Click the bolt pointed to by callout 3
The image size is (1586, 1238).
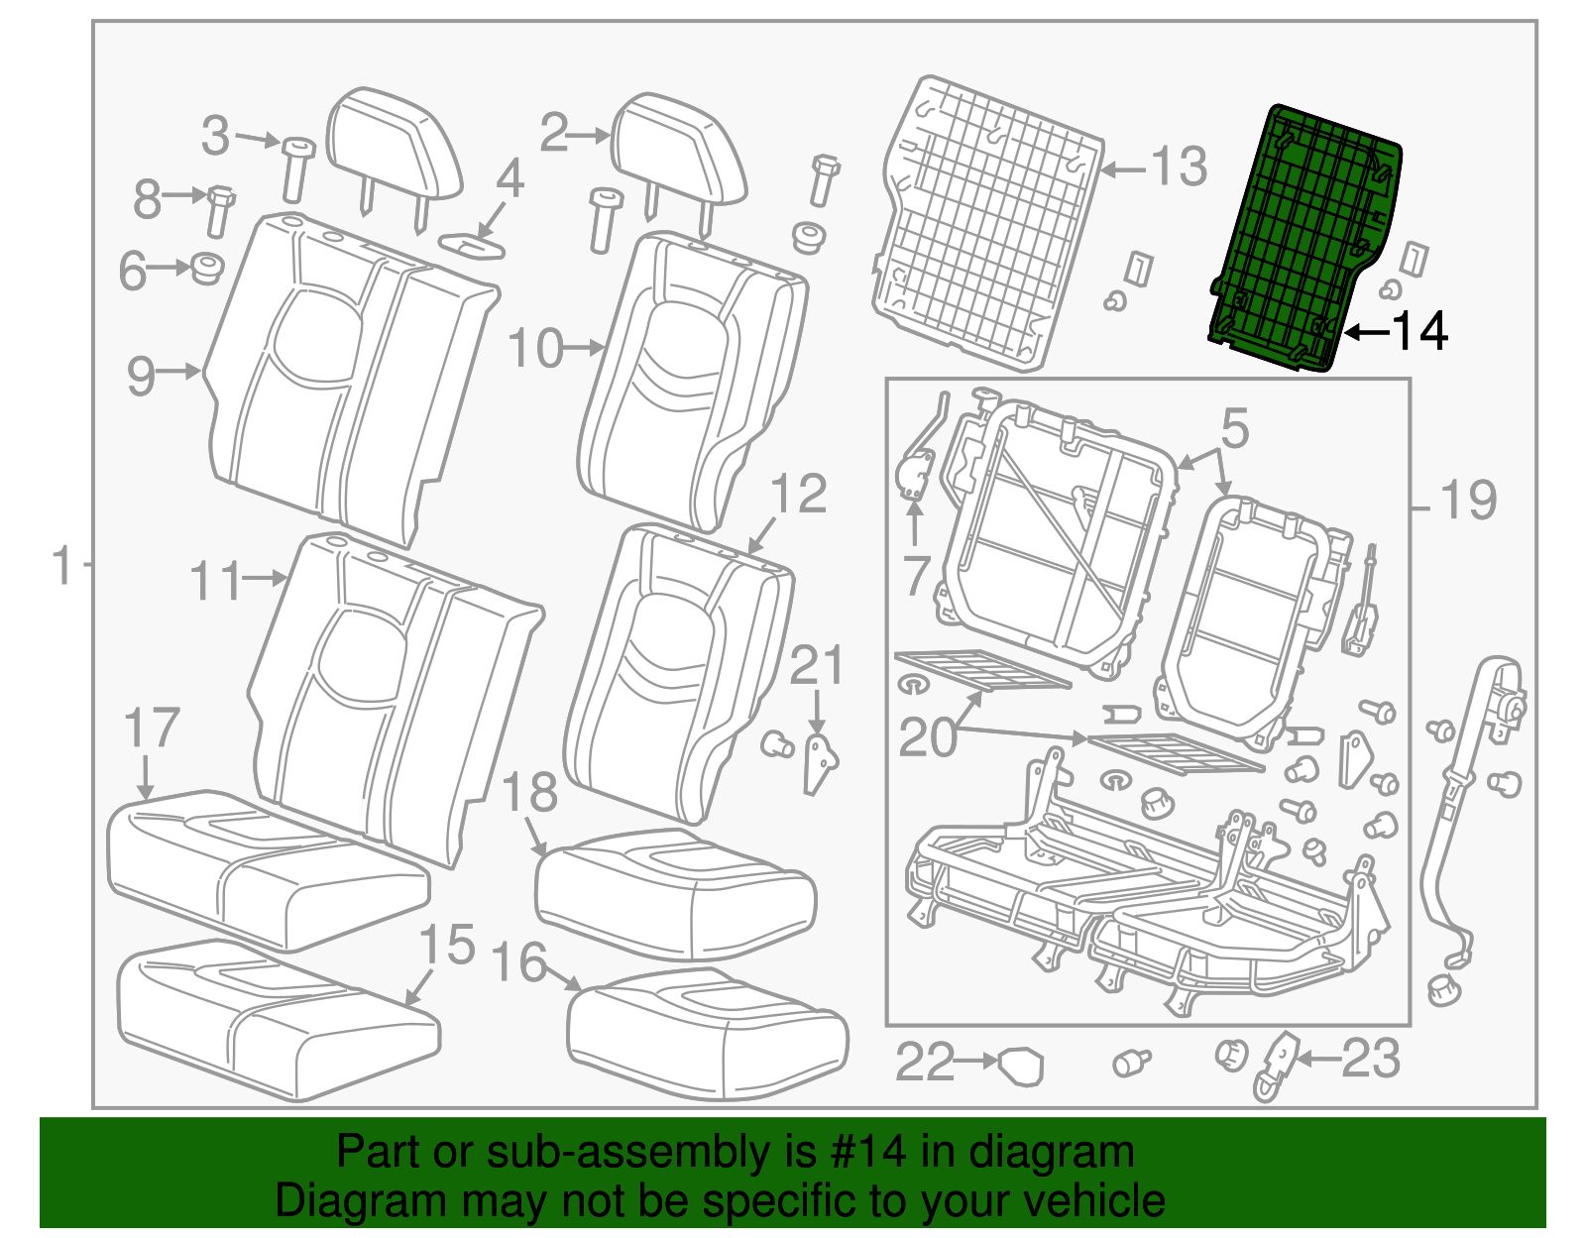(295, 169)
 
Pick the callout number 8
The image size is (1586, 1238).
(147, 198)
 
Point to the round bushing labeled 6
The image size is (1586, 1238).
(207, 268)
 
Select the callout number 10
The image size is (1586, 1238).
(535, 349)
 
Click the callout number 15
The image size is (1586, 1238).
(447, 945)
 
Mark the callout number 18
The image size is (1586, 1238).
(529, 793)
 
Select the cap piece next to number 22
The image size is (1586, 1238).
(1022, 1066)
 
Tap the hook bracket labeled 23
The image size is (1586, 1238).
(1278, 1065)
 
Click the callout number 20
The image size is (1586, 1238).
(927, 737)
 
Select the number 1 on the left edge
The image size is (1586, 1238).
(62, 565)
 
